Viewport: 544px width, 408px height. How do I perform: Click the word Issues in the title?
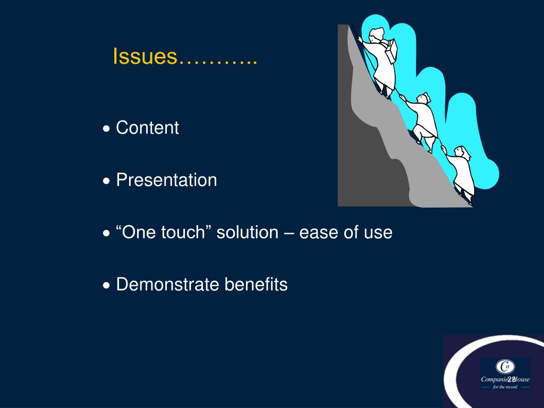coord(145,56)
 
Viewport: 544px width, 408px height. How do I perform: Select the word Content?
coord(147,128)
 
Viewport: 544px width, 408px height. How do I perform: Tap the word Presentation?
coord(166,180)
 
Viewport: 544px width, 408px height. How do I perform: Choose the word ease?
coord(317,233)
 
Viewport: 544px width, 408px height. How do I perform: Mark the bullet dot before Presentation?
coord(107,181)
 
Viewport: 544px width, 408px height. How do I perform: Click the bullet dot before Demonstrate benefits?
coord(107,286)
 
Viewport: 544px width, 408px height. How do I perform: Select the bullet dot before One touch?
coord(107,234)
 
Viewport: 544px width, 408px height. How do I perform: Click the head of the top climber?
coord(376,36)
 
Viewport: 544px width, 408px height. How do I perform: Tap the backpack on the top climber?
coord(392,52)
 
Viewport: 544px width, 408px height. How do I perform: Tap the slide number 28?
coord(512,379)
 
